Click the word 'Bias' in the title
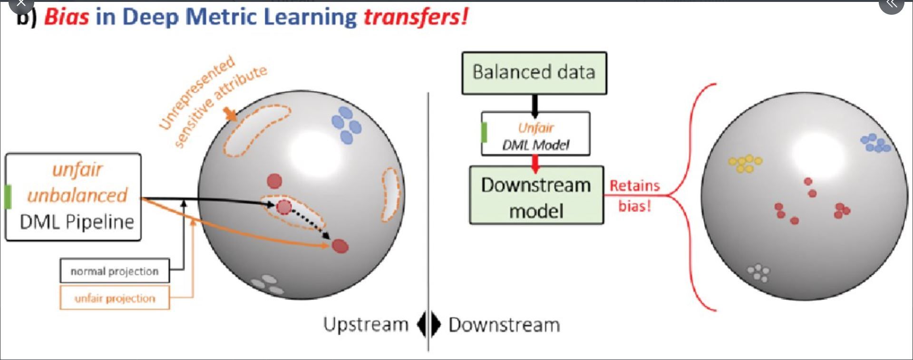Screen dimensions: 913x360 coord(67,17)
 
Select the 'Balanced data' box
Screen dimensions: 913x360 coord(534,73)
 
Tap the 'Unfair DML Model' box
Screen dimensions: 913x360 coord(535,134)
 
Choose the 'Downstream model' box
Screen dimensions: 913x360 coord(536,195)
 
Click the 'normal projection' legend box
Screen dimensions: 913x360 coord(115,271)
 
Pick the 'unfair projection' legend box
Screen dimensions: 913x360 coord(115,298)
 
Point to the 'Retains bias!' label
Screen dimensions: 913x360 coord(635,195)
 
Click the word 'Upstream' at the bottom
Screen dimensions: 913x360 coord(366,324)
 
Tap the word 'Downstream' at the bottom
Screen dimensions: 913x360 coord(504,325)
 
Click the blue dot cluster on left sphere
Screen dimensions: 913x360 coord(346,125)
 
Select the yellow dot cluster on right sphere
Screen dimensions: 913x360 coord(745,163)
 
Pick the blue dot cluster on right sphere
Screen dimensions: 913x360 coord(875,143)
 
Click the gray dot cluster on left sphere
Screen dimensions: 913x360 coord(267,284)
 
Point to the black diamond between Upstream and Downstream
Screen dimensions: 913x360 coord(428,325)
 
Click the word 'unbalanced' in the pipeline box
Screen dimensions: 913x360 coord(78,195)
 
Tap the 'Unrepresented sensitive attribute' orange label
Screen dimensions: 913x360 coord(213,101)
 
